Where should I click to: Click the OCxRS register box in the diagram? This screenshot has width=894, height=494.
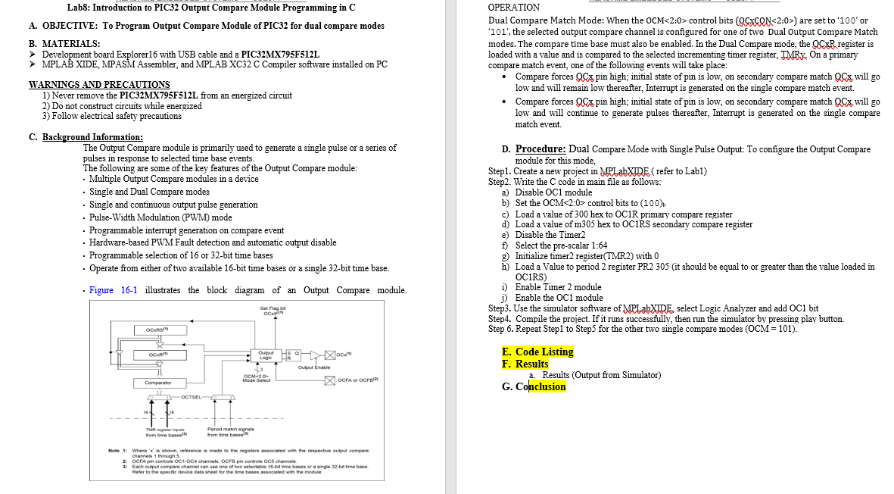(157, 330)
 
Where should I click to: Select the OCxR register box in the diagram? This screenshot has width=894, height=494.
(157, 354)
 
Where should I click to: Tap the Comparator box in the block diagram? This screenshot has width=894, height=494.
(157, 383)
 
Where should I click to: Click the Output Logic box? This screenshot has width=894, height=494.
(266, 354)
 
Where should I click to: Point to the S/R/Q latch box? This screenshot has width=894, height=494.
(292, 354)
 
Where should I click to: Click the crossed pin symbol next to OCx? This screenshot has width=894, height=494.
(330, 354)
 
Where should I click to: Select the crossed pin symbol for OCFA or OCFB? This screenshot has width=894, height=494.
(330, 380)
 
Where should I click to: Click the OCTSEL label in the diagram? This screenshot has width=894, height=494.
(192, 396)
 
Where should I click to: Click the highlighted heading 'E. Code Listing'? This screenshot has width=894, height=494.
(537, 352)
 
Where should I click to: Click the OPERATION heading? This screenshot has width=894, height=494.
(514, 8)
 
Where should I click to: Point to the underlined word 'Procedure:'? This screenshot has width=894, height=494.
(541, 149)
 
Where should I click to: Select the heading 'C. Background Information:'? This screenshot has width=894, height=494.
(86, 137)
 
